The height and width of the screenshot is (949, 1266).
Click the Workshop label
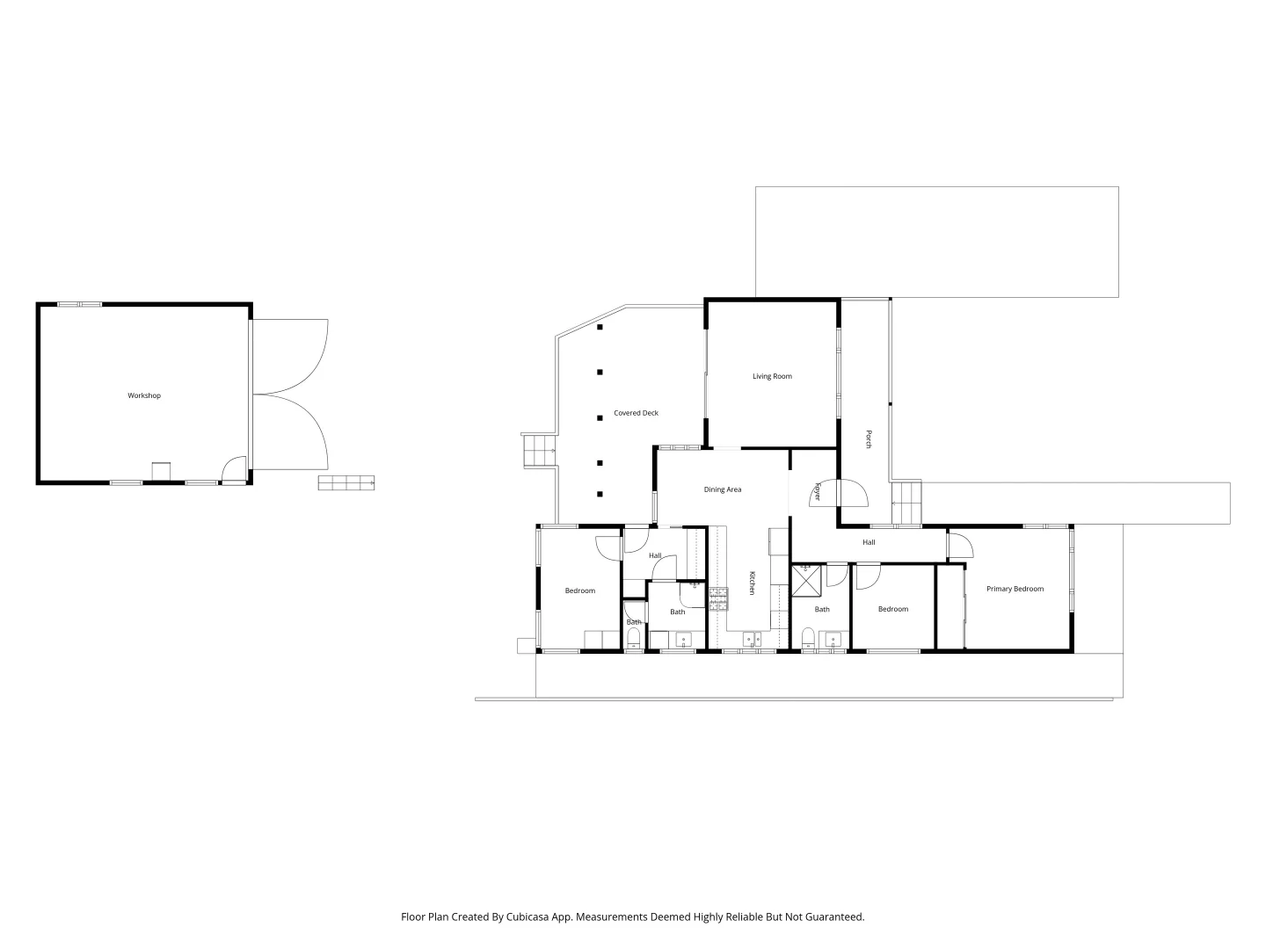(x=144, y=395)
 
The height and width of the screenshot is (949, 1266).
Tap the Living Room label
(x=772, y=376)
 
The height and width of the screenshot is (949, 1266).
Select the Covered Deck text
(x=636, y=413)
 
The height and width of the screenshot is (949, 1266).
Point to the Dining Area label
(x=723, y=489)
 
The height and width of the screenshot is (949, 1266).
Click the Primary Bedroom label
(x=1015, y=589)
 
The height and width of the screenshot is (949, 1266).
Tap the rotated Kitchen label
(x=752, y=583)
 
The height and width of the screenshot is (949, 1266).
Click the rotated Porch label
(x=869, y=439)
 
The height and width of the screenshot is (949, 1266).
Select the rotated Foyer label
(x=817, y=491)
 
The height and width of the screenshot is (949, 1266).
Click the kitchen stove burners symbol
(x=719, y=599)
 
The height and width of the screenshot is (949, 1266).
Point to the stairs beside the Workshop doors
(x=346, y=482)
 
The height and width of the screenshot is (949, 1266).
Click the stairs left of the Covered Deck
(x=536, y=451)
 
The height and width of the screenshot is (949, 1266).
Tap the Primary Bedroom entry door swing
(x=960, y=547)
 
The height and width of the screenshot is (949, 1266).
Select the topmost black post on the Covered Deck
(x=600, y=328)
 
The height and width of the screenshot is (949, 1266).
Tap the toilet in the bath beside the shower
(x=807, y=637)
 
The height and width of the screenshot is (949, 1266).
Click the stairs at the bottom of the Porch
(x=906, y=503)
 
